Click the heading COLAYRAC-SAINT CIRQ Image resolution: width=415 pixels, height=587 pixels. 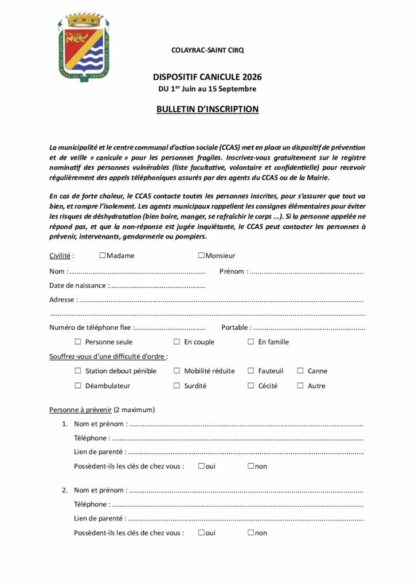coord(207,50)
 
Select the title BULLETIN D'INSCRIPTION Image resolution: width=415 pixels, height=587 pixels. coord(207,109)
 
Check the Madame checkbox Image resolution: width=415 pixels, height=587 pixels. coord(103,256)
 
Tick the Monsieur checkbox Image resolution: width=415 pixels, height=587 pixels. coord(202,256)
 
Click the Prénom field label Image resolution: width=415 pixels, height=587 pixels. coord(232,271)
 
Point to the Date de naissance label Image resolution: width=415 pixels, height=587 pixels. coord(77,285)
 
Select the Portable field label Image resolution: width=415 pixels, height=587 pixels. coord(235,327)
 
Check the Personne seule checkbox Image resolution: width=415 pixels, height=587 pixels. coord(78,342)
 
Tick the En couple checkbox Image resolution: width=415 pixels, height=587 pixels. coord(177,342)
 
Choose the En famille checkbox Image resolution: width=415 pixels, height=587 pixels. coord(250,342)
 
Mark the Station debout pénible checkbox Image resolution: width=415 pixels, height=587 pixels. coord(78,371)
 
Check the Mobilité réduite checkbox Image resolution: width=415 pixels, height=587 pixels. coord(177,371)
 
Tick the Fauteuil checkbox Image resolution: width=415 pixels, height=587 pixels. coord(250,371)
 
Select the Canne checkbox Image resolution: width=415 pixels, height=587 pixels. coord(300,371)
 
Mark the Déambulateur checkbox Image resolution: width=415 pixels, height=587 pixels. coord(78,386)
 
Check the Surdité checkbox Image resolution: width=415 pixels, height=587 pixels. coord(177,386)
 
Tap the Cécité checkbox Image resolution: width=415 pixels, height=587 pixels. coord(250,386)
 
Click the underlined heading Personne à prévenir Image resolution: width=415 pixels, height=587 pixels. coord(80,410)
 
